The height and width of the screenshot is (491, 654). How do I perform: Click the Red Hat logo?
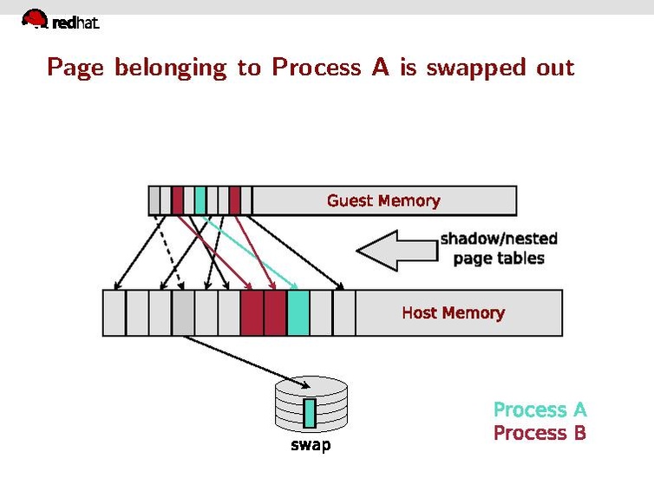(x=59, y=19)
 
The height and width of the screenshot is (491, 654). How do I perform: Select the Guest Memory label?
(x=383, y=200)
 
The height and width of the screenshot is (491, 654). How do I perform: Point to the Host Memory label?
(x=453, y=312)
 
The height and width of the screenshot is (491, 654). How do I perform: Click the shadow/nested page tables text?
(x=499, y=248)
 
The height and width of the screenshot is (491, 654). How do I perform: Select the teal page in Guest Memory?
(x=200, y=200)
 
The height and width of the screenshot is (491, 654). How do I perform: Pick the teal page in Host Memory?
(x=298, y=312)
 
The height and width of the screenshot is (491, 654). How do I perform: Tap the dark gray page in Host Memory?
(x=183, y=312)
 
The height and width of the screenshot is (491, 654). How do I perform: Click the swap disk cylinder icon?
(x=310, y=406)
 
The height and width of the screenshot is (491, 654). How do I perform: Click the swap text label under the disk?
(x=310, y=446)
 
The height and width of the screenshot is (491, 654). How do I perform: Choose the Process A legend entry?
(x=540, y=409)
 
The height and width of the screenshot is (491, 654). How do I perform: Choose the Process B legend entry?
(x=540, y=432)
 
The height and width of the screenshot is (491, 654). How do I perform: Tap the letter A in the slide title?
(x=380, y=67)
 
